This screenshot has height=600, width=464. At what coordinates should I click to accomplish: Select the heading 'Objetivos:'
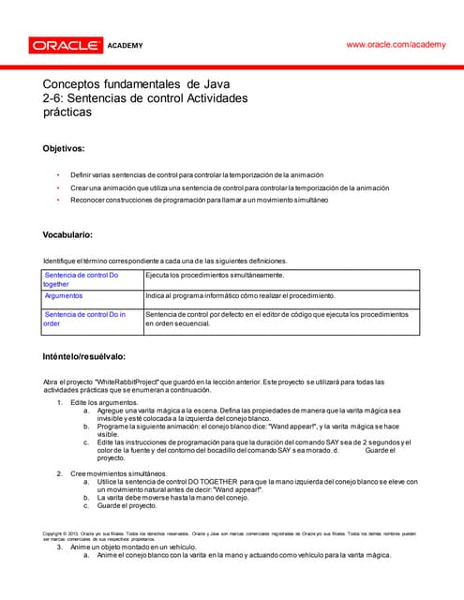[65, 148]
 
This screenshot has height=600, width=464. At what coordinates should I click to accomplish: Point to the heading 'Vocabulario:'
[68, 234]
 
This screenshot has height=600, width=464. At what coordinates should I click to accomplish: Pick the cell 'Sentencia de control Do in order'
[84, 319]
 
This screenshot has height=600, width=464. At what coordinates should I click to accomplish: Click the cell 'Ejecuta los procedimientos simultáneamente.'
[215, 275]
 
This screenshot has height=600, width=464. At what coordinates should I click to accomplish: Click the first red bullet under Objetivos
[58, 175]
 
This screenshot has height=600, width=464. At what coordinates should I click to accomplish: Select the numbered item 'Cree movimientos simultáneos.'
[119, 474]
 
